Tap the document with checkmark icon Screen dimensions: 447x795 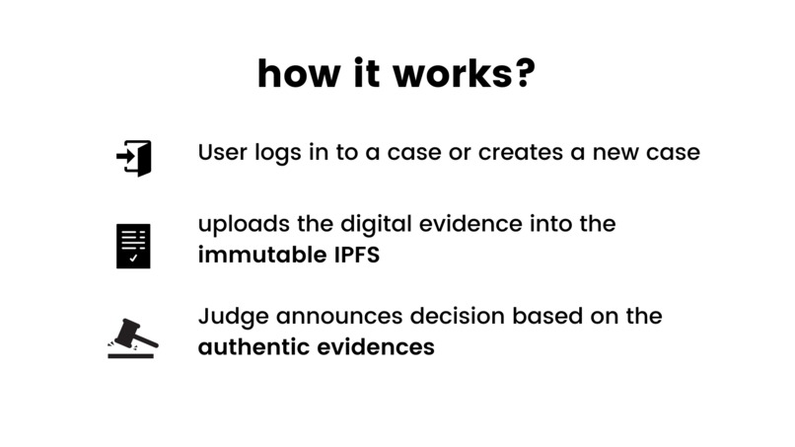pyautogui.click(x=133, y=246)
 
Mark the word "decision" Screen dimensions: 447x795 pyautogui.click(x=445, y=317)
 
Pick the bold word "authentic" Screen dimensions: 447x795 pyautogui.click(x=252, y=347)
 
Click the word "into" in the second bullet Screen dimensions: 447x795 pyautogui.click(x=547, y=225)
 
